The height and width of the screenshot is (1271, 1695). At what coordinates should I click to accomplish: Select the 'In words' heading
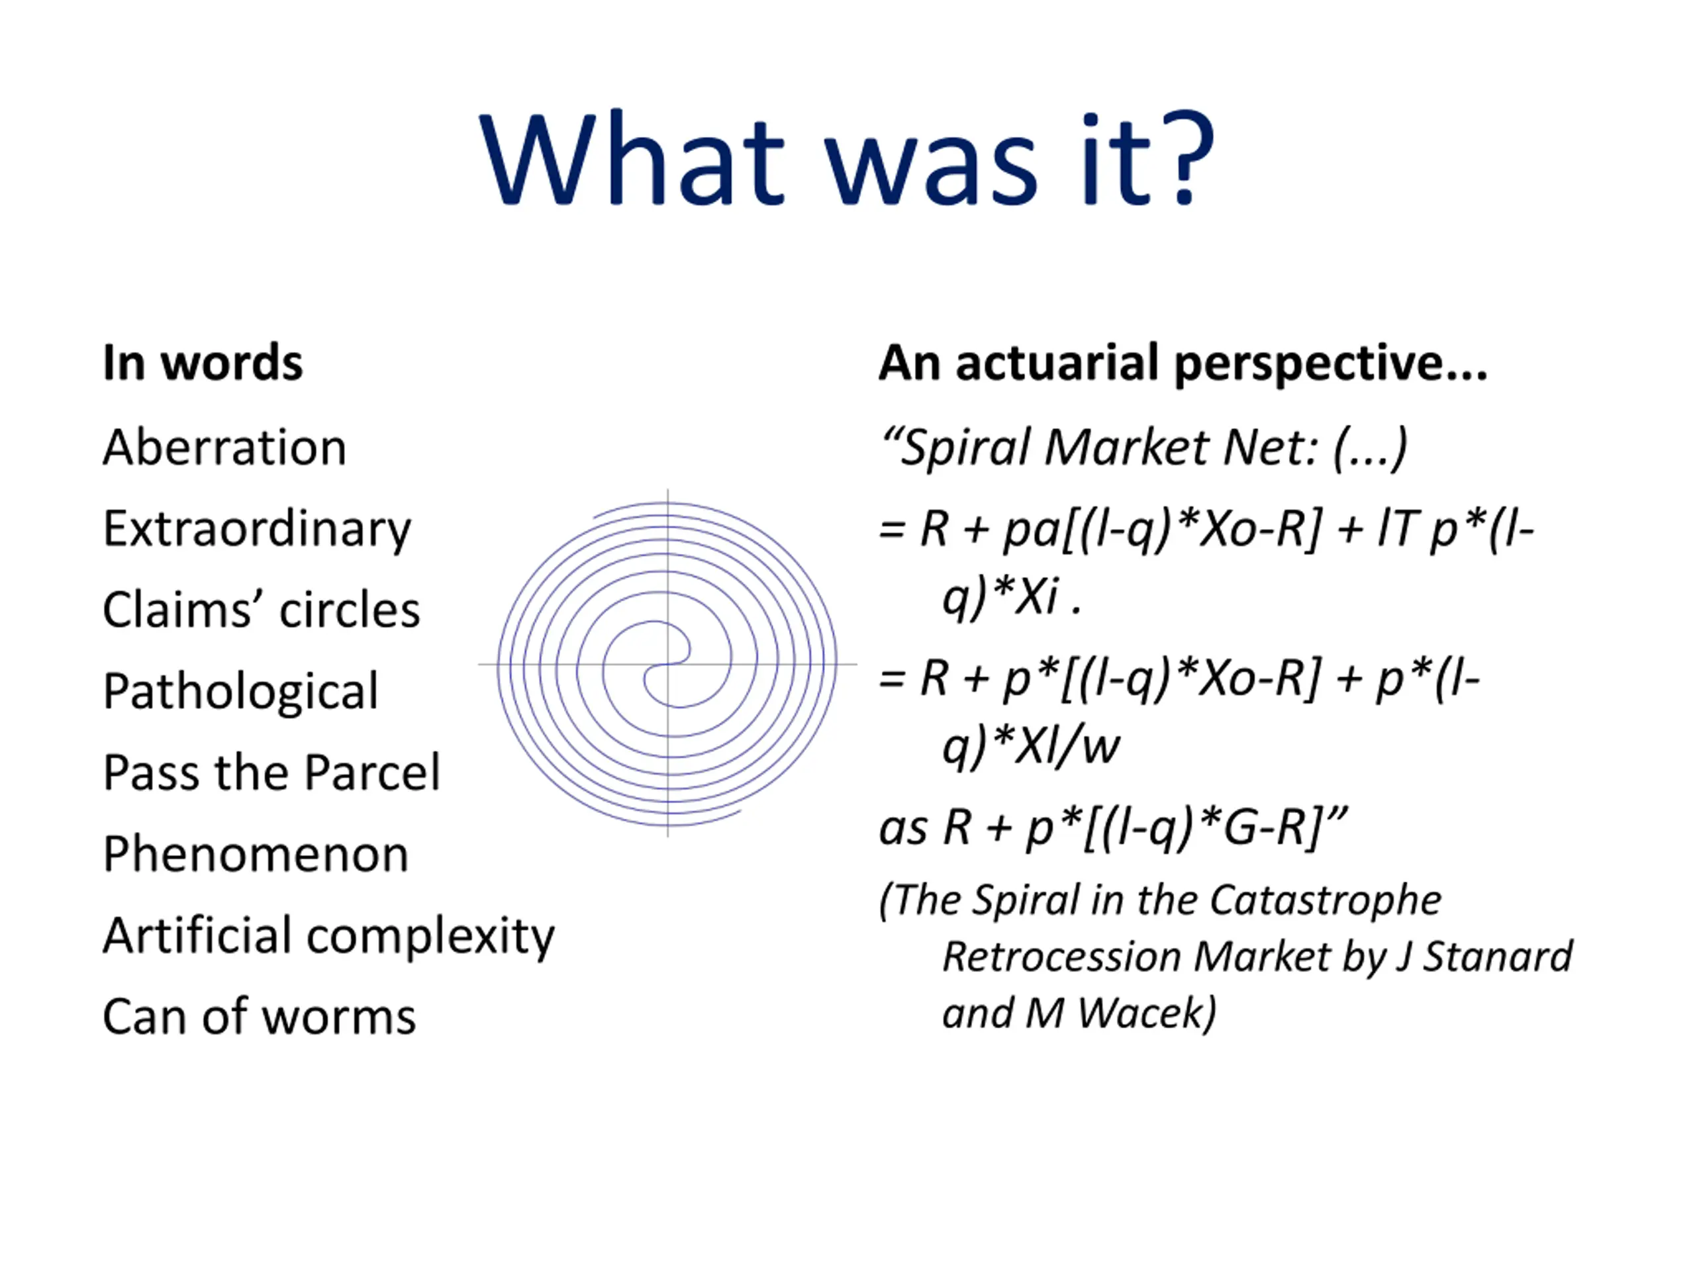click(203, 362)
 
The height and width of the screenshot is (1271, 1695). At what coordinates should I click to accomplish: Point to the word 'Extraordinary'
click(258, 531)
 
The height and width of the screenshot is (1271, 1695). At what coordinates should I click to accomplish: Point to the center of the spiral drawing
click(667, 664)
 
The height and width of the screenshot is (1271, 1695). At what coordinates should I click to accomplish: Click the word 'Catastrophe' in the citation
click(1325, 900)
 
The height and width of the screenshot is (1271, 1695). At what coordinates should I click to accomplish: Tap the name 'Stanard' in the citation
click(1498, 956)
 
